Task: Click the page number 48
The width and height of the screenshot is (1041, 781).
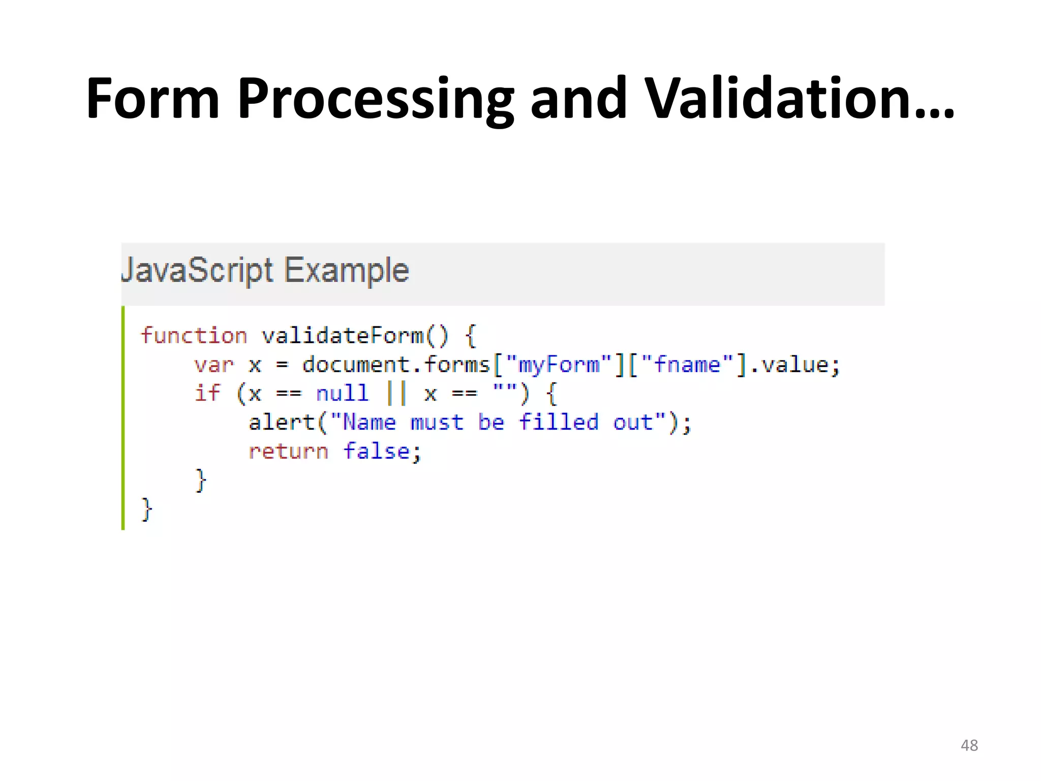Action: click(969, 745)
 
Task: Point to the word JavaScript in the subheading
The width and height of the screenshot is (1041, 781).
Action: click(197, 271)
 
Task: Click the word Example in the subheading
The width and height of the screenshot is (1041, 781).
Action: click(346, 271)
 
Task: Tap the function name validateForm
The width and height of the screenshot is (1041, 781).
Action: click(343, 336)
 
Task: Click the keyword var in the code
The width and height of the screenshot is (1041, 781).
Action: click(213, 365)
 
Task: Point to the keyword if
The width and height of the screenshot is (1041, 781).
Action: click(207, 394)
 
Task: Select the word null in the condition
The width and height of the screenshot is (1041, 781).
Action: click(342, 394)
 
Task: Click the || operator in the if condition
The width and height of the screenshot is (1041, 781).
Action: click(396, 394)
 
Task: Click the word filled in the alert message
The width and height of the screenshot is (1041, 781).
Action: click(559, 423)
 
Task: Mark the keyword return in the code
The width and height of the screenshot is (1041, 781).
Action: click(288, 452)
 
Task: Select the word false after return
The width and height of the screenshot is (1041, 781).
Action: click(377, 452)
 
